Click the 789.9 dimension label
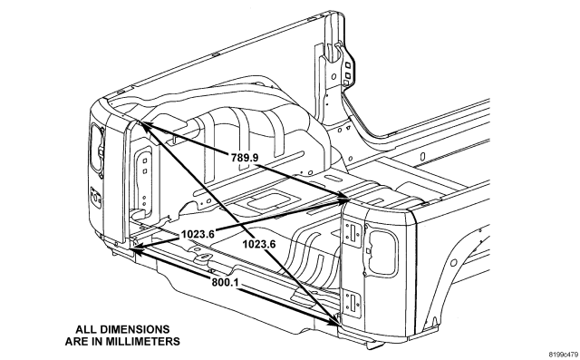[245, 158]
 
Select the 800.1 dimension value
[225, 282]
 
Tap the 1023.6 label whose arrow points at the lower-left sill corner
[198, 234]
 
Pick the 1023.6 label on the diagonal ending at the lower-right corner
[259, 244]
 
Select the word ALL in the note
[83, 329]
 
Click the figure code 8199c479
[563, 354]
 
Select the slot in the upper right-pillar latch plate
[353, 233]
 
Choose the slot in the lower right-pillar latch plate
[353, 302]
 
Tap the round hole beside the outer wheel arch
[454, 263]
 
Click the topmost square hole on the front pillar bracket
[348, 65]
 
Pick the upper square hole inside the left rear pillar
[145, 161]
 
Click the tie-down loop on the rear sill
[203, 257]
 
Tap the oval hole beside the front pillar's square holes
[334, 77]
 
